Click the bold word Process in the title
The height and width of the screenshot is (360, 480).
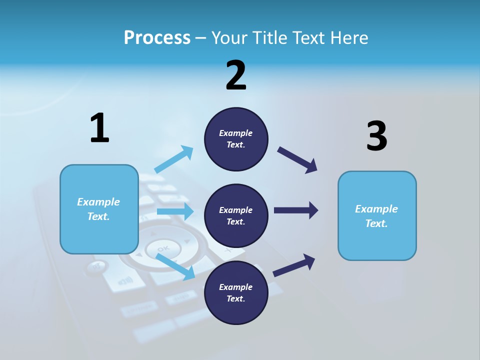click(157, 37)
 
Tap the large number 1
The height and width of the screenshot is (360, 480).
click(99, 128)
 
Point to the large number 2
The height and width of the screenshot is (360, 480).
click(236, 75)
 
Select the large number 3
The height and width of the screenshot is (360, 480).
click(376, 136)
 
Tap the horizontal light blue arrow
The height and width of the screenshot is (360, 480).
click(175, 211)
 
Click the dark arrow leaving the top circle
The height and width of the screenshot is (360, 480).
click(297, 159)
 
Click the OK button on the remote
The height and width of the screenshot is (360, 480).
click(163, 248)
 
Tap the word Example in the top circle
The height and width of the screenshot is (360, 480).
click(236, 133)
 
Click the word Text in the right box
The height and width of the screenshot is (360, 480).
click(375, 223)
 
